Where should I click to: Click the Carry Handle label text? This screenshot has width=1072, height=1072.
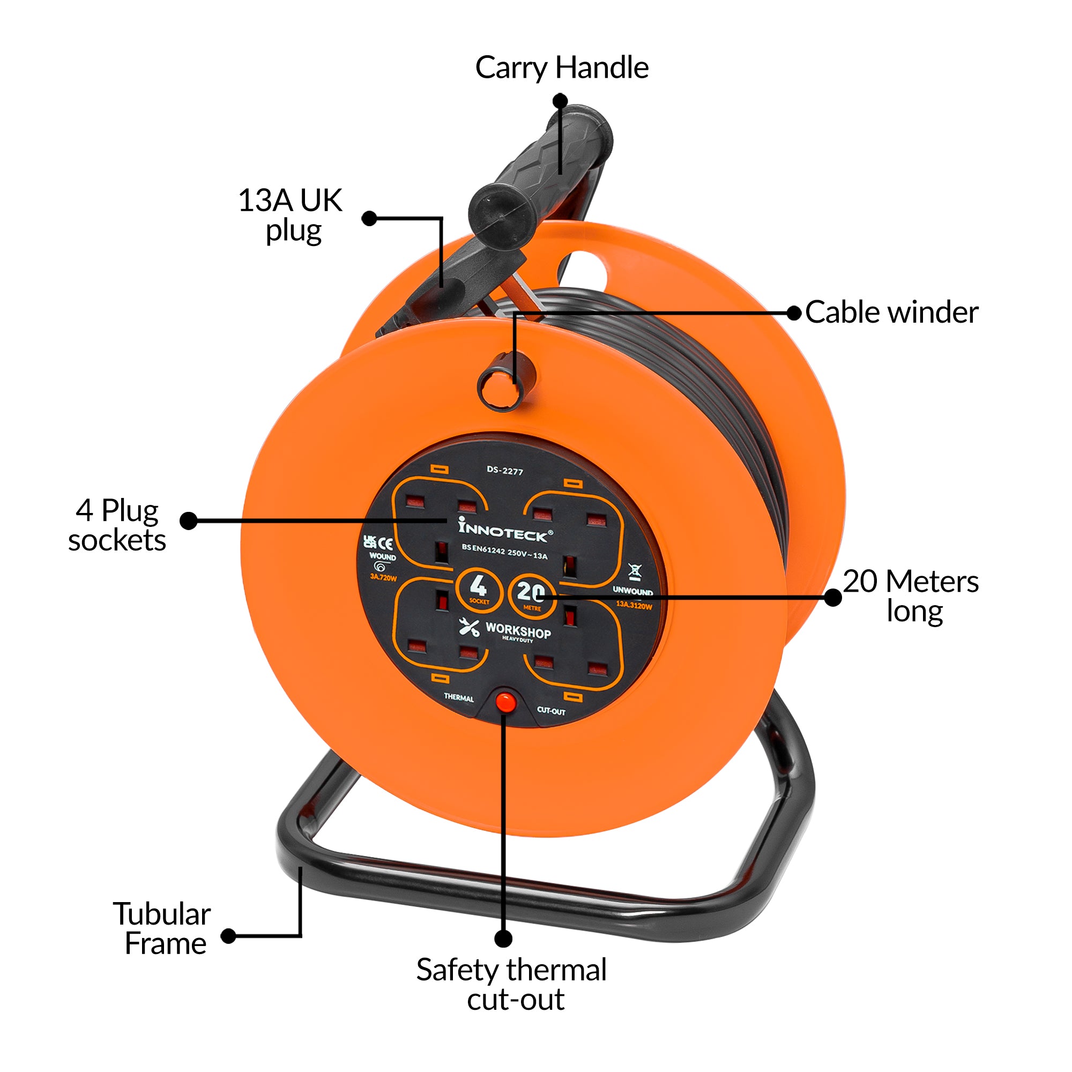pyautogui.click(x=562, y=68)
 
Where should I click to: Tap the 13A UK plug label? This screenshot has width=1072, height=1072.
pyautogui.click(x=291, y=215)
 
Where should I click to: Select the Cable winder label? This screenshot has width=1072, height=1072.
pyautogui.click(x=891, y=312)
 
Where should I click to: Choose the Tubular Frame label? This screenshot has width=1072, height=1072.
pyautogui.click(x=162, y=928)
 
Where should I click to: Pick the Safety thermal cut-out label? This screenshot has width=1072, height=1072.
pyautogui.click(x=511, y=984)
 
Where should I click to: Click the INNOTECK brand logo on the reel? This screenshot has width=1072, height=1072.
pyautogui.click(x=504, y=530)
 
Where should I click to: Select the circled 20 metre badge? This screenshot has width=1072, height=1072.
pyautogui.click(x=531, y=594)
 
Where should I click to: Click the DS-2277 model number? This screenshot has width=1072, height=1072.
pyautogui.click(x=505, y=471)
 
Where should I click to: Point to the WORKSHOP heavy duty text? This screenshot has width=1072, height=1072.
pyautogui.click(x=517, y=632)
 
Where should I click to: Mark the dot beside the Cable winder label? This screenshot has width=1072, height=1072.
pyautogui.click(x=794, y=313)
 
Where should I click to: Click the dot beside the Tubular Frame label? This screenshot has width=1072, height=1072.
pyautogui.click(x=228, y=936)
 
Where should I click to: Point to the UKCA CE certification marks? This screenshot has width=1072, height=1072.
pyautogui.click(x=378, y=542)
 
